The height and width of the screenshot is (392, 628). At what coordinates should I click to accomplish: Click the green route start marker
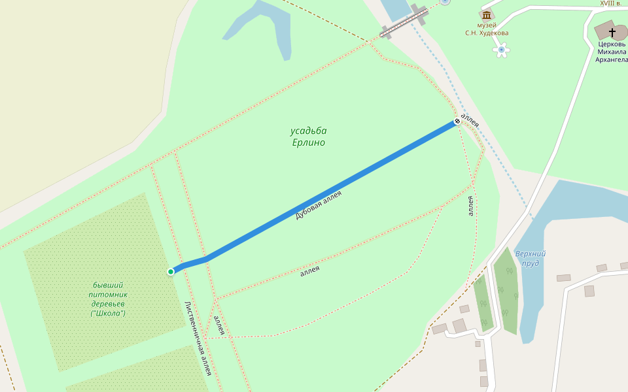tap(171, 271)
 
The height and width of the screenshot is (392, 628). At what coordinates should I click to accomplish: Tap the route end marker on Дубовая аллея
tap(457, 122)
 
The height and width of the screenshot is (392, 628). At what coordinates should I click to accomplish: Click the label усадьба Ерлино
tap(308, 137)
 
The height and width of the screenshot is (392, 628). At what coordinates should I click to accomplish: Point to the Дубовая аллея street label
tap(319, 204)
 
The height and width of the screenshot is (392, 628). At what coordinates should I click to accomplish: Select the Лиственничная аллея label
tap(198, 338)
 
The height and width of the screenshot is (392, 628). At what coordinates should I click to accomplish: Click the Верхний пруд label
tap(530, 258)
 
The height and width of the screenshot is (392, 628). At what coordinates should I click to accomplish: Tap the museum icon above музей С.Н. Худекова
tap(486, 14)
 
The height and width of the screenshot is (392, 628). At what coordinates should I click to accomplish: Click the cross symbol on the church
tap(612, 31)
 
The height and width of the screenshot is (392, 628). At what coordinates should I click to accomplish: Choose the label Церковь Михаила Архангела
tap(611, 52)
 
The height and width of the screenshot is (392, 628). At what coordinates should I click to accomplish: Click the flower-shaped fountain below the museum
tap(502, 50)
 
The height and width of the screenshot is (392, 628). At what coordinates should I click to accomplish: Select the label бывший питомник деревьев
tap(108, 295)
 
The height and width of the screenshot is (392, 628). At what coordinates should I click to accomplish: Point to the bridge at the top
tap(404, 22)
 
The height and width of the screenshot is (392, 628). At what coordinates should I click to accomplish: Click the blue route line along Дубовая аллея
tap(327, 193)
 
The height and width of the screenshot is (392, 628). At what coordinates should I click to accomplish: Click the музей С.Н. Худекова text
tap(487, 29)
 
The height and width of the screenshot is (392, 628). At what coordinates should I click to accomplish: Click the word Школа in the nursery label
tap(108, 314)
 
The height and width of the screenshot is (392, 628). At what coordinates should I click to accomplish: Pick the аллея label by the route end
tap(470, 120)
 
